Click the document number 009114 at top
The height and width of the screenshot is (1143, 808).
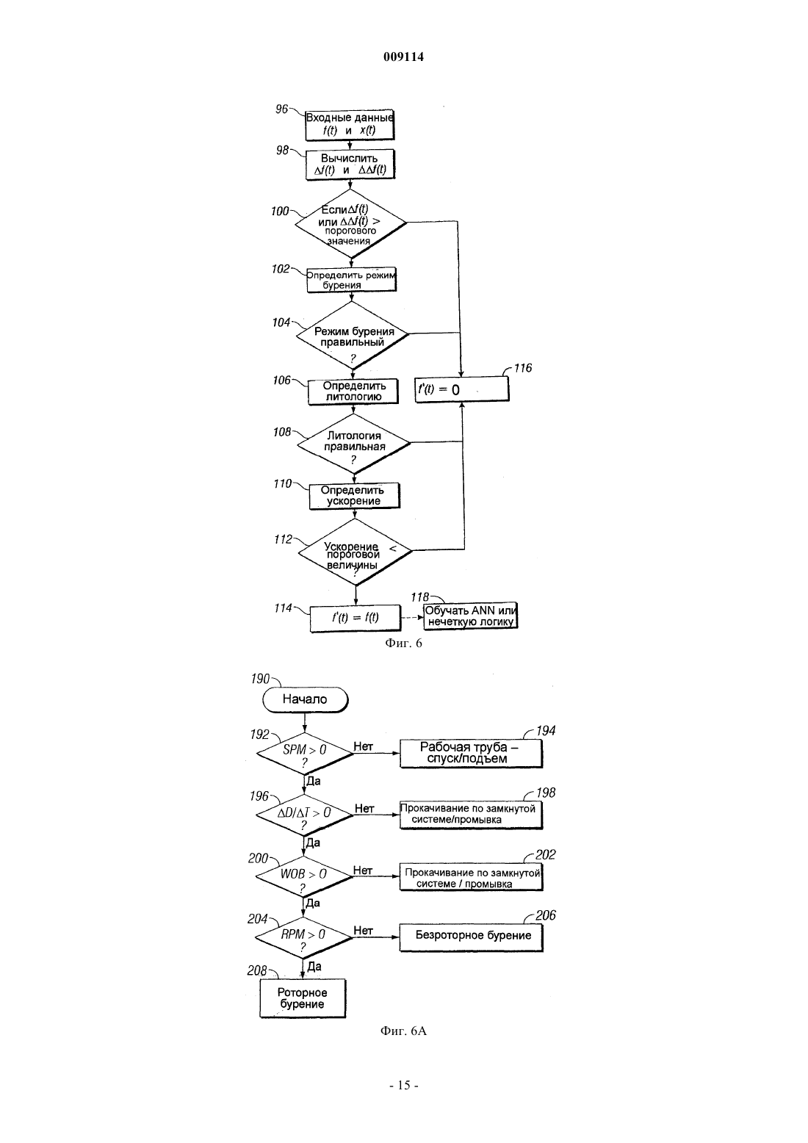pyautogui.click(x=403, y=57)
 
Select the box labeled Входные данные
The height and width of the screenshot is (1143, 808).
pyautogui.click(x=350, y=124)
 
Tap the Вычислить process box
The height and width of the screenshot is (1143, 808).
pyautogui.click(x=350, y=165)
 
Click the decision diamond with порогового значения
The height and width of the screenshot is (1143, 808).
pyautogui.click(x=350, y=223)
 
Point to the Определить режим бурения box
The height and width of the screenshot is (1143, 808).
pyautogui.click(x=351, y=280)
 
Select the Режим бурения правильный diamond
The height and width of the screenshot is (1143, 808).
pyautogui.click(x=353, y=335)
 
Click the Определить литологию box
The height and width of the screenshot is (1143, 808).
pyautogui.click(x=353, y=392)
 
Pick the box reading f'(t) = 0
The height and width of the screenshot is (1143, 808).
pyautogui.click(x=461, y=390)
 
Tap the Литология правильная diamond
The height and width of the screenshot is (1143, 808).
pyautogui.click(x=354, y=444)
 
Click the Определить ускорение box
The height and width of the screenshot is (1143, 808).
pyautogui.click(x=355, y=496)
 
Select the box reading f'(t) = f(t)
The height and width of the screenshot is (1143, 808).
pyautogui.click(x=356, y=618)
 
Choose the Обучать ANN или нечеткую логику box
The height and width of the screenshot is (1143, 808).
pyautogui.click(x=470, y=616)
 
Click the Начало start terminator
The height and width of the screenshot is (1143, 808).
pyautogui.click(x=305, y=699)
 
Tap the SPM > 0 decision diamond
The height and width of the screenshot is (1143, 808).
pyautogui.click(x=305, y=753)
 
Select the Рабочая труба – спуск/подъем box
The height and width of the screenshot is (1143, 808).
pyautogui.click(x=471, y=753)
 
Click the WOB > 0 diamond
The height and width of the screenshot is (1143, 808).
pyautogui.click(x=303, y=876)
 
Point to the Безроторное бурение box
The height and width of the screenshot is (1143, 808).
pyautogui.click(x=472, y=937)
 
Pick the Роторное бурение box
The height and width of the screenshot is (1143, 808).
pyautogui.click(x=303, y=998)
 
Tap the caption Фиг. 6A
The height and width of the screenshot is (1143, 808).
pyautogui.click(x=403, y=1031)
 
